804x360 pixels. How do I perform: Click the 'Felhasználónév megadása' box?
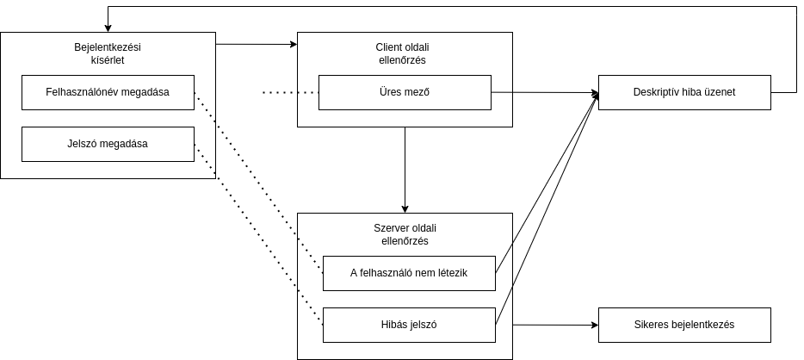108,92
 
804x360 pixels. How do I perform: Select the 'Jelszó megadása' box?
108,144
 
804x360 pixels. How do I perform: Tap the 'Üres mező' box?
405,92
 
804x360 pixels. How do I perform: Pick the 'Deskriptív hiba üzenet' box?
684,92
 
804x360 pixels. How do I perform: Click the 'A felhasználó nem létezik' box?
409,273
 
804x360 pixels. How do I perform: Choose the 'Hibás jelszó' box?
409,325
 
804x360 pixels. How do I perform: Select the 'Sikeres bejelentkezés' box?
684,325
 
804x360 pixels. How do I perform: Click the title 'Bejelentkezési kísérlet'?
108,53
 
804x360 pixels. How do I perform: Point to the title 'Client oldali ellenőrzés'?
403,53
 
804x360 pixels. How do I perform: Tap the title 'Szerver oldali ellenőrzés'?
405,234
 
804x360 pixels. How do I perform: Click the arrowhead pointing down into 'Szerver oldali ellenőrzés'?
405,209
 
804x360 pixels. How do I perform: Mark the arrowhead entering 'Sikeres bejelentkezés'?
595,325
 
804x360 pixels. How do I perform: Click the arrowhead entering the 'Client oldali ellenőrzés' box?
294,45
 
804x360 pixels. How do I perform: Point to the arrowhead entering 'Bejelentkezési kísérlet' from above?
108,28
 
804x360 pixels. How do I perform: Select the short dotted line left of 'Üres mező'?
291,93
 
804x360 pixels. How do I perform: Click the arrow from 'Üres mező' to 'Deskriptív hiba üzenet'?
545,92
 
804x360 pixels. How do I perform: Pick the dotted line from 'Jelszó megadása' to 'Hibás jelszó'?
258,235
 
